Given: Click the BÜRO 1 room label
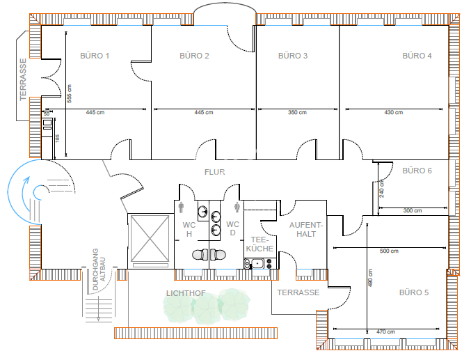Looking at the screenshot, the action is coord(95,56).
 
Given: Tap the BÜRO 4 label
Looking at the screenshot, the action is coord(417,56).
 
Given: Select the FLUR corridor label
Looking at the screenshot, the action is coord(214,172).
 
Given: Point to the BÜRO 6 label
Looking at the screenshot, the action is coord(417,171).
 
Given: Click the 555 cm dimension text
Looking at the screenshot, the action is coord(70,93).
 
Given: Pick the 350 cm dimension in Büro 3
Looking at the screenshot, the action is coord(297,113).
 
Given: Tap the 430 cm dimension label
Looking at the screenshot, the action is coord(394,113).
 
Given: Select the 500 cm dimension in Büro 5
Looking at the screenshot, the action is coord(389,251).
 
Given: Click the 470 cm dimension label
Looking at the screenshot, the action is coord(385,331).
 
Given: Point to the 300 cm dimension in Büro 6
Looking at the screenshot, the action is coord(413,210).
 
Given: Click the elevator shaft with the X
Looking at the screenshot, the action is coord(150,239).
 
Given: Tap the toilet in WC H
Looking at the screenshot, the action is coord(200,255).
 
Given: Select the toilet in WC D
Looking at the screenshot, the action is coord(218,255).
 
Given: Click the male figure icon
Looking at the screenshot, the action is coord(181,208).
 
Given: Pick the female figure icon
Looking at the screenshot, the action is coord(237,208).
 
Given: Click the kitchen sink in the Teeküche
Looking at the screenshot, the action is coord(257,264).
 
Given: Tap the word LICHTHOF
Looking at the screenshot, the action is coord(186,293).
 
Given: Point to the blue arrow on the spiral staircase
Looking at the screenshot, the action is coord(26,194).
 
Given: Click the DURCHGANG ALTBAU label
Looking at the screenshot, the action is coord(99,269).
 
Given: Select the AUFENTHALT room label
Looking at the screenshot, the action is coord(306,230).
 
